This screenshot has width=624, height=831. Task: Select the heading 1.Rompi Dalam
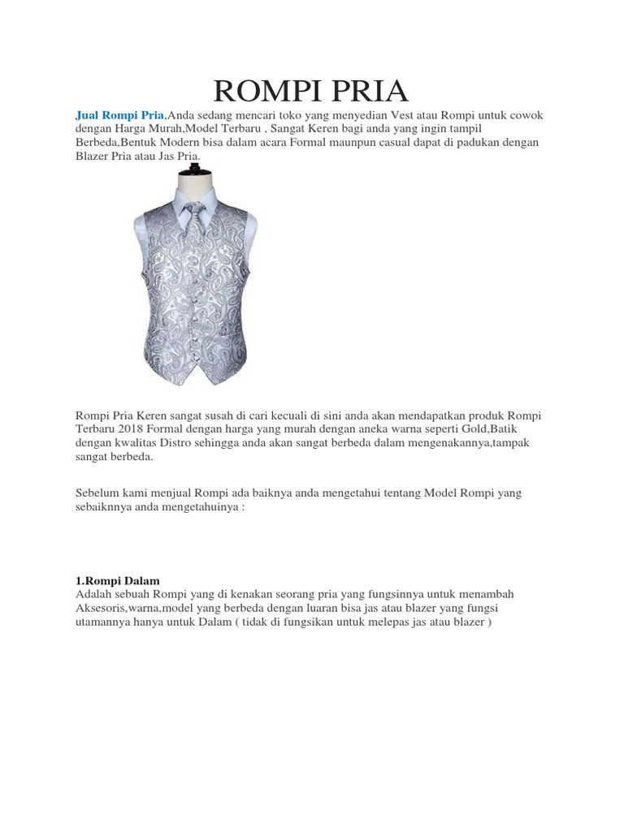click(x=118, y=581)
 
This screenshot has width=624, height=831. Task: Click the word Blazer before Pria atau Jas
click(x=93, y=156)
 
